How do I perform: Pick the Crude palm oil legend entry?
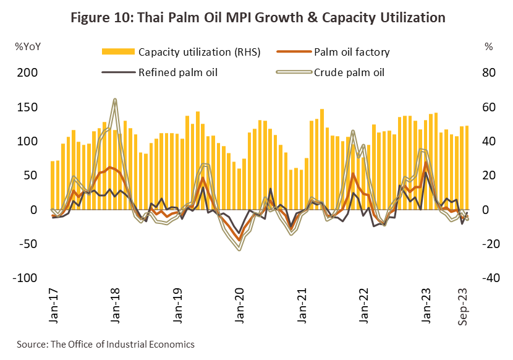[x=349, y=72]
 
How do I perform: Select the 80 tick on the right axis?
[x=488, y=73]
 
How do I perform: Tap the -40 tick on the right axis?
[x=488, y=278]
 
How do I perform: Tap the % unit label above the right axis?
[x=488, y=46]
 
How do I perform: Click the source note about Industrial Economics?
[x=106, y=344]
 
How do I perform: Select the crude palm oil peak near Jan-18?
[x=114, y=100]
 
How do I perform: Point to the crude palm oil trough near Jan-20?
[x=239, y=249]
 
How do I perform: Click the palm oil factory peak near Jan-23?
[x=426, y=163]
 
